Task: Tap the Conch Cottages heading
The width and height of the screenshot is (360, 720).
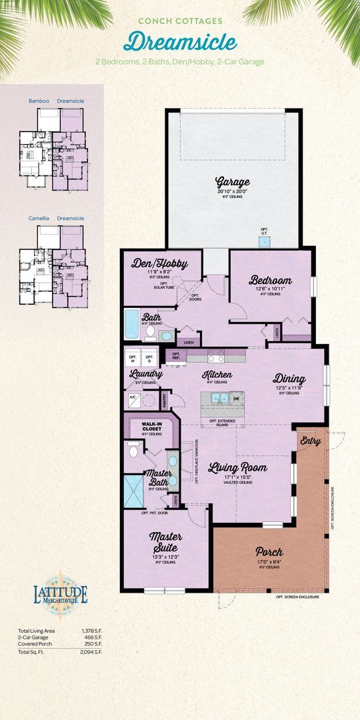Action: tap(180, 21)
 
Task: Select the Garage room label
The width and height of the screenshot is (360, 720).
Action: tap(232, 182)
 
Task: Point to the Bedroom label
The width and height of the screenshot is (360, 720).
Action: tap(271, 280)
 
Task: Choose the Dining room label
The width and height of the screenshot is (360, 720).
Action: tap(288, 379)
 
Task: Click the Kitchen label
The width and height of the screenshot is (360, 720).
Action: tap(217, 375)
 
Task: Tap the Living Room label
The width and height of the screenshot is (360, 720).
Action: tap(237, 467)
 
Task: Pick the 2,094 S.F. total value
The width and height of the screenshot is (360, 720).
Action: tap(91, 652)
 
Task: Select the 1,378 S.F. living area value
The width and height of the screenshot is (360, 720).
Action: tap(91, 631)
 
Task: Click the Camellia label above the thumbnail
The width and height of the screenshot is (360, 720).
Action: tap(39, 218)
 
